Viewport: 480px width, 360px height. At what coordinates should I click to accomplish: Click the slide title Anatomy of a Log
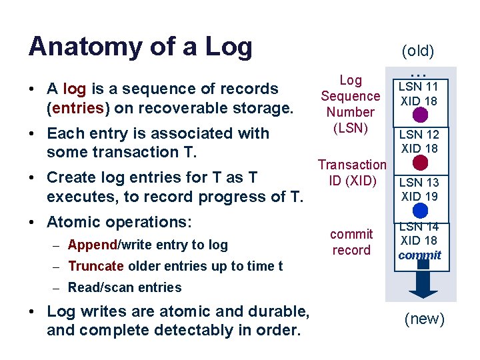click(140, 47)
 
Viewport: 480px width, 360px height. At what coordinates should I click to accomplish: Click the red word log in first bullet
click(74, 89)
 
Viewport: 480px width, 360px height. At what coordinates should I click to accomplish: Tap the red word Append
click(92, 245)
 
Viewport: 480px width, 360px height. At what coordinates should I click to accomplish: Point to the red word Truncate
click(95, 266)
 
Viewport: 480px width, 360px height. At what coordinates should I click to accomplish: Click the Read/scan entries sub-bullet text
click(125, 287)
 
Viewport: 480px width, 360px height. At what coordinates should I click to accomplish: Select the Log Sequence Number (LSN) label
click(350, 104)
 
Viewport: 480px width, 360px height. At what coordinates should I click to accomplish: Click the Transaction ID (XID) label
click(351, 172)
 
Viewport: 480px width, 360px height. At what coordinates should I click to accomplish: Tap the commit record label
click(351, 242)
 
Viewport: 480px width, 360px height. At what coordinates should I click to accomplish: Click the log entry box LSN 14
click(419, 241)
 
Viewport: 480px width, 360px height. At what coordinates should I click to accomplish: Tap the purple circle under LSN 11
click(420, 115)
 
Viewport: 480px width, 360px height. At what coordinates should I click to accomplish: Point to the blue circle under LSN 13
click(420, 211)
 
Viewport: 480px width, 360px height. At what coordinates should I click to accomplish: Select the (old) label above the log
click(417, 51)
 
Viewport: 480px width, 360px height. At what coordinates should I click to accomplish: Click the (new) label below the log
click(425, 319)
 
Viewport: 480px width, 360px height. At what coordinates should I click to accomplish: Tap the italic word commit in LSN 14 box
click(419, 255)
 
